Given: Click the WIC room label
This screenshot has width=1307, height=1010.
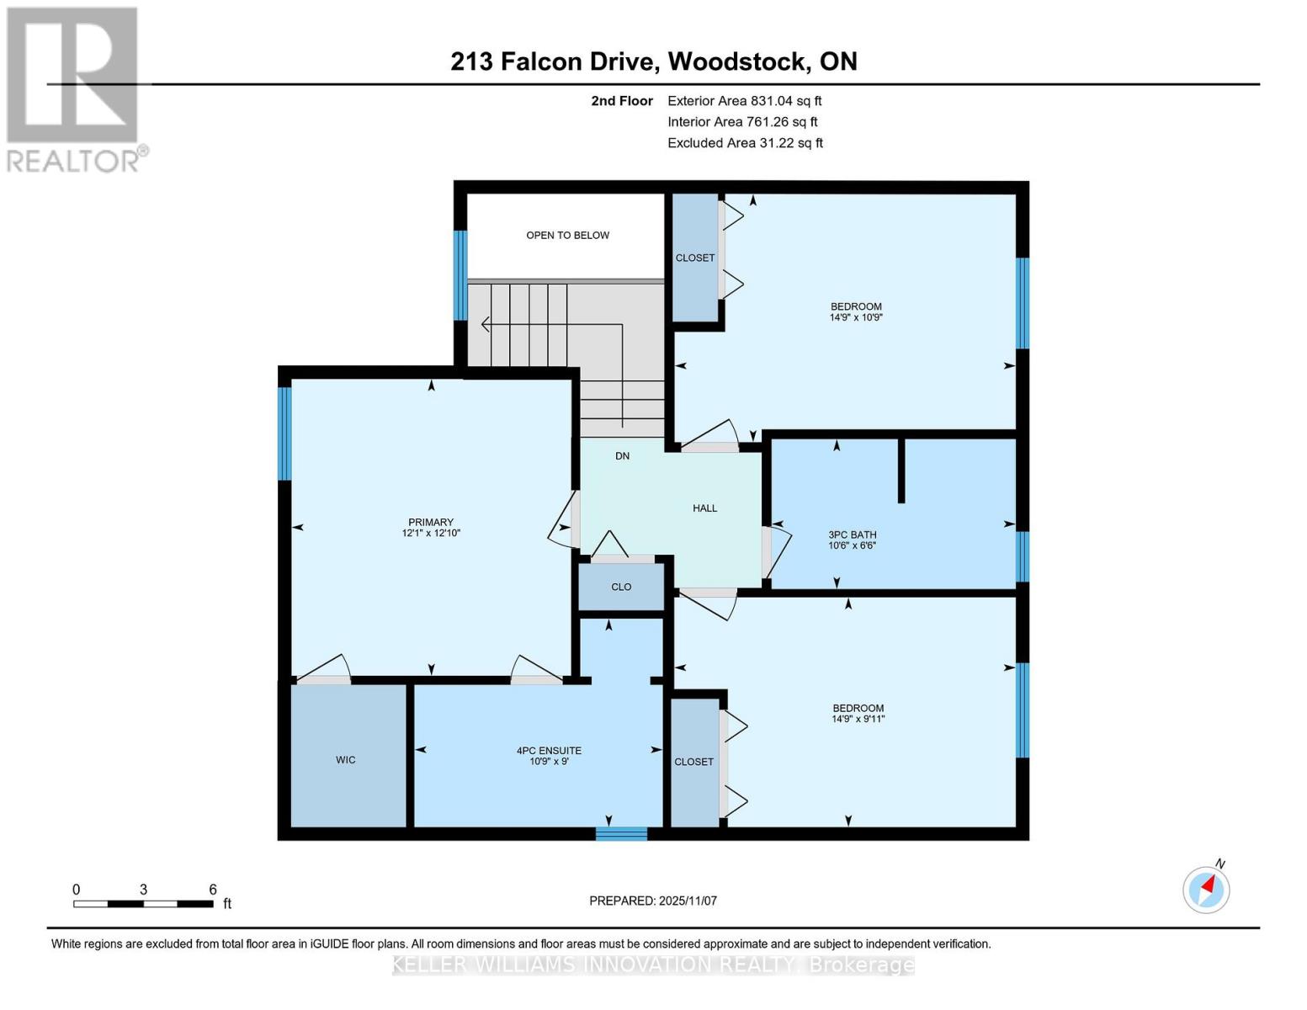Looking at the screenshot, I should [x=345, y=760].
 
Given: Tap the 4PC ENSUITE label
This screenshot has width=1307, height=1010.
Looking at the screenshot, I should [x=549, y=751].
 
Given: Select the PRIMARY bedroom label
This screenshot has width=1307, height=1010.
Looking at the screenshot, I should [x=431, y=522].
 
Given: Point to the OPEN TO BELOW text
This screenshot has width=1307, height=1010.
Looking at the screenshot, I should [x=567, y=236].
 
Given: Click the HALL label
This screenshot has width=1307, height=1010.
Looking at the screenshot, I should [x=704, y=508].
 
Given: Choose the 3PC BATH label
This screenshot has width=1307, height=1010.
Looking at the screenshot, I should [x=852, y=534].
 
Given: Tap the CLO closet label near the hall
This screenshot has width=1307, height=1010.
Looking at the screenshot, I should [x=621, y=587].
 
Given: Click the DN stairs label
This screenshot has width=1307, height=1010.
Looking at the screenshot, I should [x=622, y=456].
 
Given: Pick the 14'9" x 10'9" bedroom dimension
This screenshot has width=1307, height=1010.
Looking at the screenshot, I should [x=856, y=318].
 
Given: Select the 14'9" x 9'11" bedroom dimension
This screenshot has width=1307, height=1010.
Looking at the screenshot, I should [x=858, y=720].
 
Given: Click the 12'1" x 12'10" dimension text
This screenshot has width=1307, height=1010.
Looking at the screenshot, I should [x=431, y=534].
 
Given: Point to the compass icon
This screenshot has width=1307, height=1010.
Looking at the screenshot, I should [x=1206, y=889].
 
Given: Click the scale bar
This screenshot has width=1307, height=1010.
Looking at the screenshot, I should [x=143, y=904].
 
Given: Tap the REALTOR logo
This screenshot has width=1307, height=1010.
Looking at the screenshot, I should [x=74, y=88].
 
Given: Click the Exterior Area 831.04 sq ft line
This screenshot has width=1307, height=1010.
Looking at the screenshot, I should [x=744, y=101].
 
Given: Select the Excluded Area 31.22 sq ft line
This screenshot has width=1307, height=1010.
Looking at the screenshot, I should [x=745, y=143].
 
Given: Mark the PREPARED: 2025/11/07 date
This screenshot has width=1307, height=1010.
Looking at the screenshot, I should [x=652, y=901].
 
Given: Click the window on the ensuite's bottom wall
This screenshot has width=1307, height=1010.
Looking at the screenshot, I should [x=621, y=834].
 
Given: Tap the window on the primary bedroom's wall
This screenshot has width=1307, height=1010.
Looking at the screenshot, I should [x=284, y=433].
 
